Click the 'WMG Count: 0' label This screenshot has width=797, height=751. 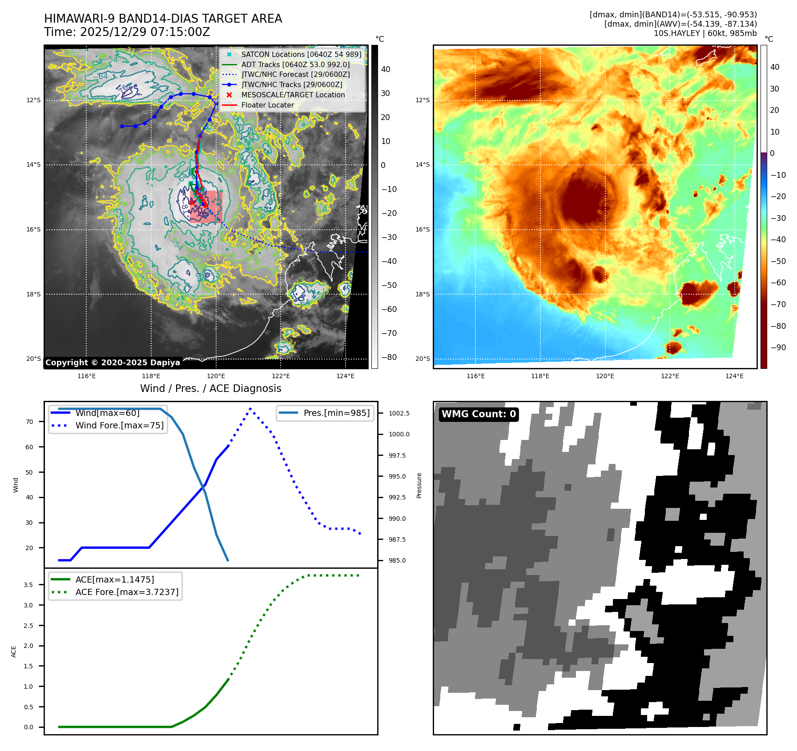pyautogui.click(x=479, y=414)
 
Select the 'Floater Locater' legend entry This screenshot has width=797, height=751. pyautogui.click(x=267, y=105)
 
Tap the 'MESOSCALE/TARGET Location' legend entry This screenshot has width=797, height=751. pyautogui.click(x=293, y=95)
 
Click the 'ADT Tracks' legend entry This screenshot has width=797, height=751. pyautogui.click(x=295, y=65)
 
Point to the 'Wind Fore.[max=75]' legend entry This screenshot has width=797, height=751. pyautogui.click(x=119, y=426)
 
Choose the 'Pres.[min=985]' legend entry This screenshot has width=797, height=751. pyautogui.click(x=336, y=413)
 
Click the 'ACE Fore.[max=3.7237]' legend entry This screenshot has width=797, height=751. pyautogui.click(x=127, y=592)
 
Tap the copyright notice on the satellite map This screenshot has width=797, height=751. pyautogui.click(x=113, y=363)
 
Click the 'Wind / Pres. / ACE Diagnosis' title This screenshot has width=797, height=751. pyautogui.click(x=211, y=389)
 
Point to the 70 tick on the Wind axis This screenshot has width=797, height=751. pyautogui.click(x=29, y=422)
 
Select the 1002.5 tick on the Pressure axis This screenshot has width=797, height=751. pyautogui.click(x=399, y=413)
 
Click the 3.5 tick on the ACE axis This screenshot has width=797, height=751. pyautogui.click(x=28, y=585)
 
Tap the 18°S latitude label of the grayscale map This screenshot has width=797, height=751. pyautogui.click(x=33, y=294)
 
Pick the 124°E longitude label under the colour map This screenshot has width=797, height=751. pyautogui.click(x=734, y=376)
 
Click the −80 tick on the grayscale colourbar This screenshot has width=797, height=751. pyautogui.click(x=389, y=357)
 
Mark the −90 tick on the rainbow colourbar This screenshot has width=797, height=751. pyautogui.click(x=778, y=348)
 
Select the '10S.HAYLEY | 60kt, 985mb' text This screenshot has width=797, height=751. pyautogui.click(x=705, y=33)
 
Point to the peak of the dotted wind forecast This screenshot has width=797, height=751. pyautogui.click(x=250, y=408)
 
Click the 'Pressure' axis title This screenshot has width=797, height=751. pyautogui.click(x=419, y=486)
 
